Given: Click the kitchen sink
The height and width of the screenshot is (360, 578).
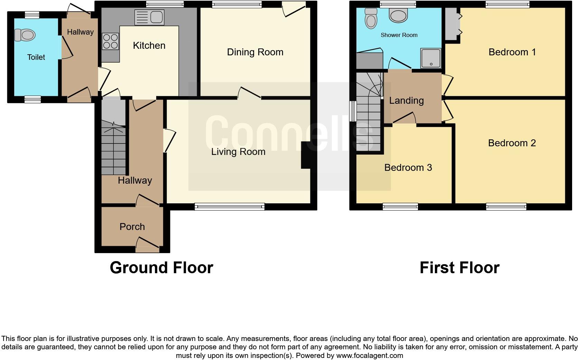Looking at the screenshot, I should pos(149,17).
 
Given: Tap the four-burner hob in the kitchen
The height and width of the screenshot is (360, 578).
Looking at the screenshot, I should pos(110,41).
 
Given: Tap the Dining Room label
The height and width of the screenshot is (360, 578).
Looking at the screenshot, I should pos(255,52).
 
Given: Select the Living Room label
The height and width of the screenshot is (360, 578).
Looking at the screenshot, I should pos(238,152).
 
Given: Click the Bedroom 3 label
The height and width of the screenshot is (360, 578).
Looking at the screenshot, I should pos(408,168).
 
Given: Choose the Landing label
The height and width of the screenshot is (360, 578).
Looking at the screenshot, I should pos(406,101).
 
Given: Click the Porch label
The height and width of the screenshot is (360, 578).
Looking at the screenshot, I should pos(132,227).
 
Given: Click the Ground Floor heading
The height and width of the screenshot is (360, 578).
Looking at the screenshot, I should pos(161,268).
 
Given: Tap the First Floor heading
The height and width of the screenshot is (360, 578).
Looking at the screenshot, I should pos(459,268).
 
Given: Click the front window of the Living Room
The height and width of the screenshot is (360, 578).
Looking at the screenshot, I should pos(230,207).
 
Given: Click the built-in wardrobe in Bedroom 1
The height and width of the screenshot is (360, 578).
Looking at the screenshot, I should pos(451,24).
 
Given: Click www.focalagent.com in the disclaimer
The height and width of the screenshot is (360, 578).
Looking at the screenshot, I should pos(370,356).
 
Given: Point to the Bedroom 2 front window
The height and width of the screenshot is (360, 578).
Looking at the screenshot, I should pos(506,207).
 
